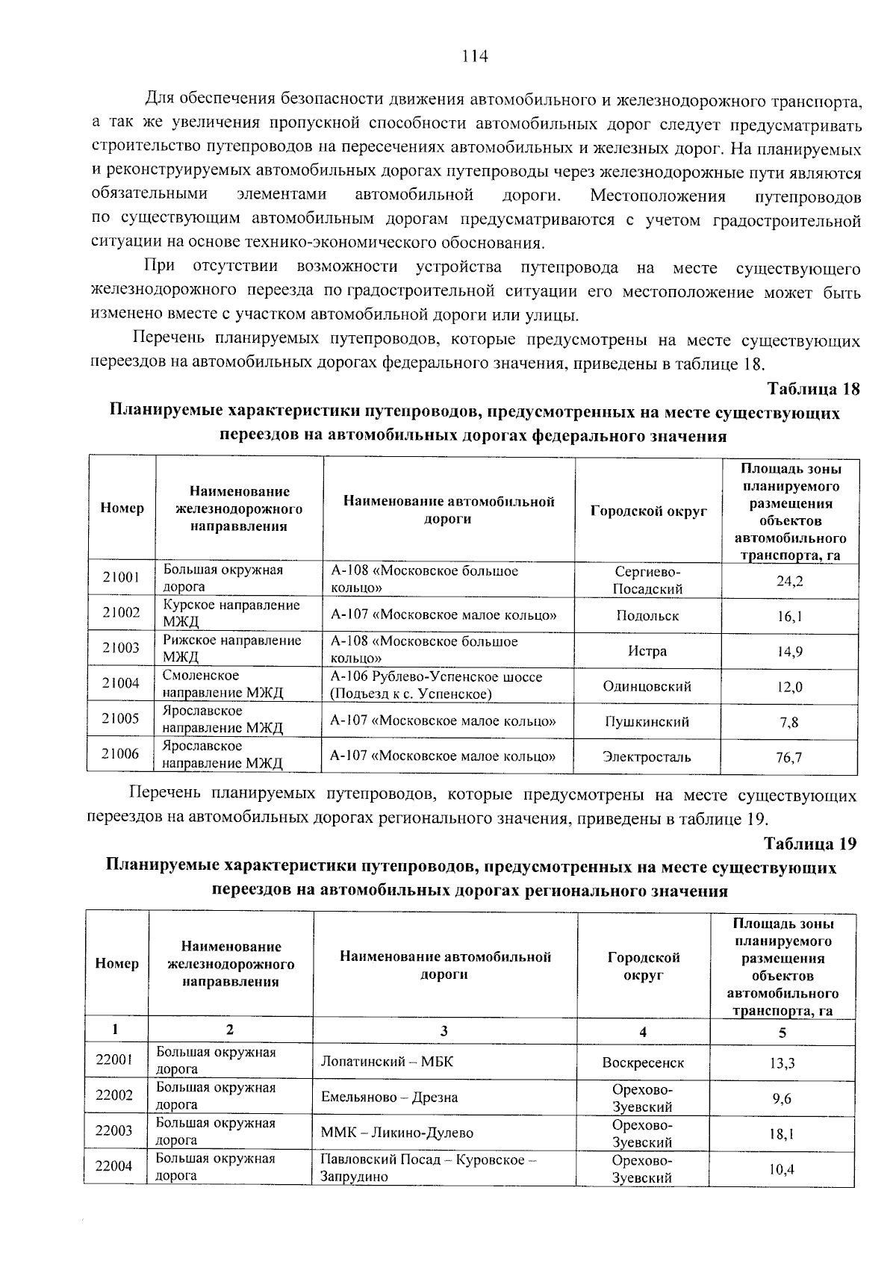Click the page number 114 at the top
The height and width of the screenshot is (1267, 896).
point(475,57)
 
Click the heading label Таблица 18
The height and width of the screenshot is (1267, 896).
point(813,389)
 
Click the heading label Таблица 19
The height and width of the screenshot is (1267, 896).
point(809,844)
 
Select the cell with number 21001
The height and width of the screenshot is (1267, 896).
point(121,577)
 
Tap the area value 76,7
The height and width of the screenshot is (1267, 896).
point(788,757)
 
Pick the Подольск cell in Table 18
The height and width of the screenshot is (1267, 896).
point(647,616)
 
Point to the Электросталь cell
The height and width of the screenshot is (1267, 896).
point(647,757)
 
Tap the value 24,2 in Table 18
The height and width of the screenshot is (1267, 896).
point(789,580)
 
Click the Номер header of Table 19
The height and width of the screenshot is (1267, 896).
point(117,964)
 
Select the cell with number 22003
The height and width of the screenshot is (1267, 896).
point(114,1130)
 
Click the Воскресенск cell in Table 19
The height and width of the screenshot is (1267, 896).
point(642,1062)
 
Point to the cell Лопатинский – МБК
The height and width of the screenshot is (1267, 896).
point(387,1062)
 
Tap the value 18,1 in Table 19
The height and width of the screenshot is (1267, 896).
point(782,1134)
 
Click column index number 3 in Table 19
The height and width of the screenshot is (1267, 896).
point(444,1031)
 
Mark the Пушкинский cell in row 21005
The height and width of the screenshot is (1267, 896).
point(647,722)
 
